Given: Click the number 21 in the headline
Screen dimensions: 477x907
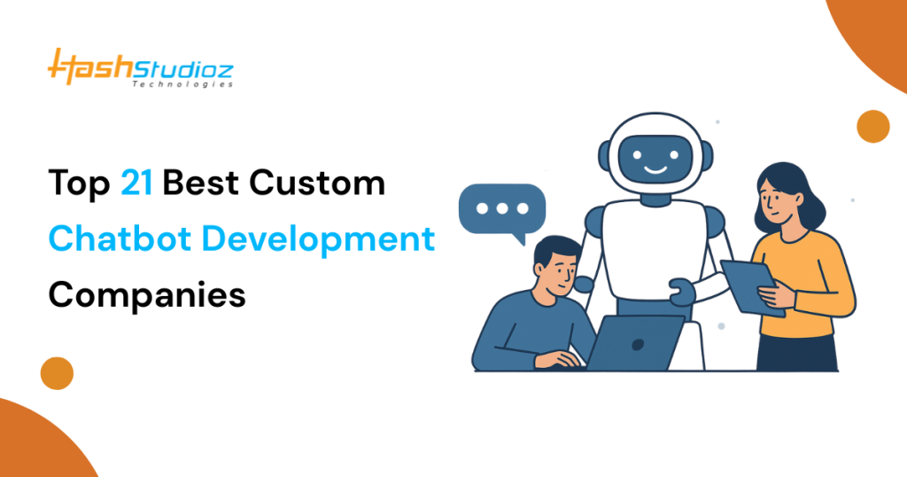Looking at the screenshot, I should tap(138, 184).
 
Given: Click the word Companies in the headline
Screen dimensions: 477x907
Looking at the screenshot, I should tap(147, 293).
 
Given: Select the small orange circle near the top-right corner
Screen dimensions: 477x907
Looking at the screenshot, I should tap(873, 126).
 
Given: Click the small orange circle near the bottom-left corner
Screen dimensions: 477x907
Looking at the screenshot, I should tap(57, 373).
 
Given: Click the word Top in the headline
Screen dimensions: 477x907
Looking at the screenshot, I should tap(79, 184).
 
